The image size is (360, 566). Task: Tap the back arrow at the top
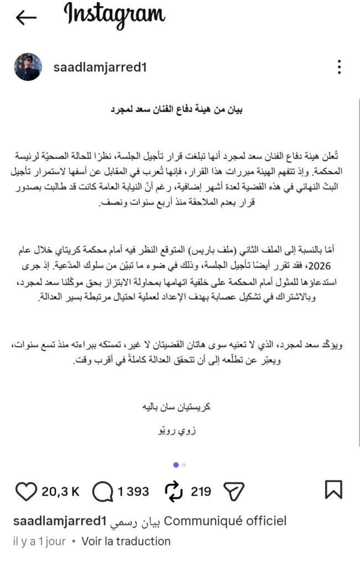tap(26, 18)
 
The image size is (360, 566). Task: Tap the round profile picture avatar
tap(27, 67)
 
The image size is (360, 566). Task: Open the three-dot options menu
tap(340, 67)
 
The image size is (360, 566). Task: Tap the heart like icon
tap(24, 491)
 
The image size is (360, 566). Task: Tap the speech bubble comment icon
tap(103, 491)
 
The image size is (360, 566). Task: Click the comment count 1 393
tap(134, 491)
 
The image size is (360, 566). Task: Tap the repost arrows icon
tap(174, 491)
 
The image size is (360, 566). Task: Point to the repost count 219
tap(201, 491)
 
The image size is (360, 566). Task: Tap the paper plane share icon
tap(234, 491)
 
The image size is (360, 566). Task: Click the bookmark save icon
tap(333, 490)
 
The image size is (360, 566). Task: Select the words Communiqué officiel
tap(226, 521)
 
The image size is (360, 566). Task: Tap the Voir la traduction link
tap(126, 541)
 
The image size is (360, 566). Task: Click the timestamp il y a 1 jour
tap(38, 541)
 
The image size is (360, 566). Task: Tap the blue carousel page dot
tap(176, 464)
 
